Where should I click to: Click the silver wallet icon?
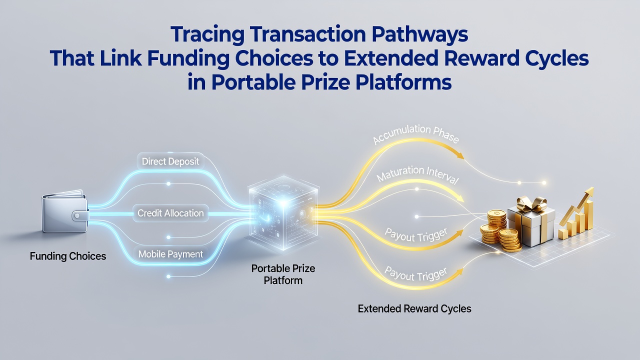point(65,211)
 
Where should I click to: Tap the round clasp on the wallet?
point(77,215)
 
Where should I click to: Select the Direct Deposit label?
point(170,161)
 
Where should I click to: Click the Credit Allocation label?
point(170,213)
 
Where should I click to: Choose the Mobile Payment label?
point(170,254)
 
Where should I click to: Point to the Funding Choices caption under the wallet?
point(68,256)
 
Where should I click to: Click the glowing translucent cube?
point(283,213)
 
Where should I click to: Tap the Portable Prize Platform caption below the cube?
point(283,274)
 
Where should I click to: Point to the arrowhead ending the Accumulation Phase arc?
point(460,155)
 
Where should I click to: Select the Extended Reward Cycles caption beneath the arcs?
point(414,309)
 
